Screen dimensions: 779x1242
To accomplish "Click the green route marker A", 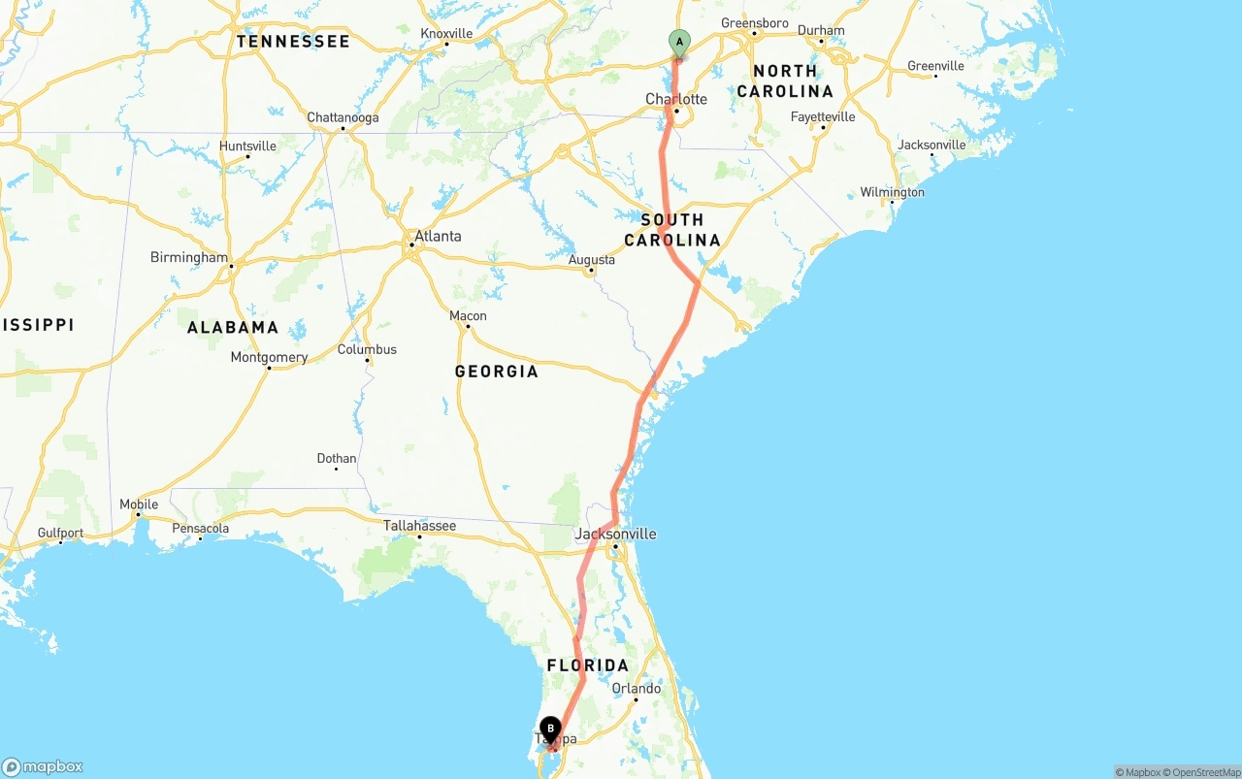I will point(679,42).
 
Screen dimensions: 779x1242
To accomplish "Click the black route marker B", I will point(550,729).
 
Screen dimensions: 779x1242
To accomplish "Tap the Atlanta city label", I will point(438,236).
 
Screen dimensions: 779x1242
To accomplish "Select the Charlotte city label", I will point(676,99).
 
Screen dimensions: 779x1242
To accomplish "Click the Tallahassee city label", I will point(419,526).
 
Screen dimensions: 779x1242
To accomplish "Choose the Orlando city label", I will point(637,689).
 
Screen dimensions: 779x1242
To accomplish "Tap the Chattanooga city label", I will point(343,117).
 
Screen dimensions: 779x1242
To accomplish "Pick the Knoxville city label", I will point(446,34).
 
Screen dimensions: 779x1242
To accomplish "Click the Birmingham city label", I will point(189,257).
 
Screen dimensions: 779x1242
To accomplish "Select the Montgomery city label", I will point(269,357).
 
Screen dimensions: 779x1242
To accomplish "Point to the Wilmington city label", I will point(892,192).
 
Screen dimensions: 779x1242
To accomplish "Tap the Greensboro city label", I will point(755,23).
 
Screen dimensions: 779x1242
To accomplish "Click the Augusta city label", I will point(592,259).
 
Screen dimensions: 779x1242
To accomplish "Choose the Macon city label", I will point(468,315).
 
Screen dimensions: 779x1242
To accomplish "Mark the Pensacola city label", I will point(200,529).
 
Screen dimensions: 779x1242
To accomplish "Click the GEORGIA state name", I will point(496,372).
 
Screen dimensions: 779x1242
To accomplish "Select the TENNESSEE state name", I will point(292,42).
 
